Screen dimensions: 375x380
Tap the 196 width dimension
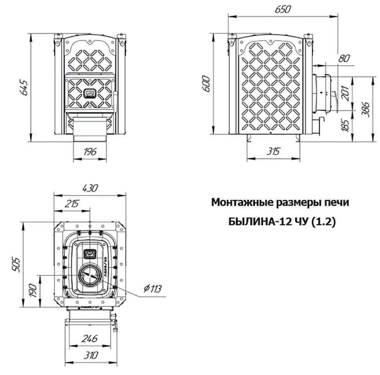pyautogui.click(x=89, y=151)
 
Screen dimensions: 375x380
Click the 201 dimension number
pyautogui.click(x=346, y=92)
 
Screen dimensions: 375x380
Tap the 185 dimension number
pyautogui.click(x=346, y=126)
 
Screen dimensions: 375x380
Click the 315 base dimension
pyautogui.click(x=274, y=151)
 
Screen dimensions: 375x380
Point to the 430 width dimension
pyautogui.click(x=89, y=187)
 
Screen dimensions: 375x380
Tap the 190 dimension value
pyautogui.click(x=33, y=290)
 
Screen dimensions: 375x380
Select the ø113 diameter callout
pyautogui.click(x=152, y=289)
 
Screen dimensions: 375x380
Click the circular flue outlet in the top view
pyautogui.click(x=90, y=276)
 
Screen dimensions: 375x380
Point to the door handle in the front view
pyautogui.click(x=89, y=94)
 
